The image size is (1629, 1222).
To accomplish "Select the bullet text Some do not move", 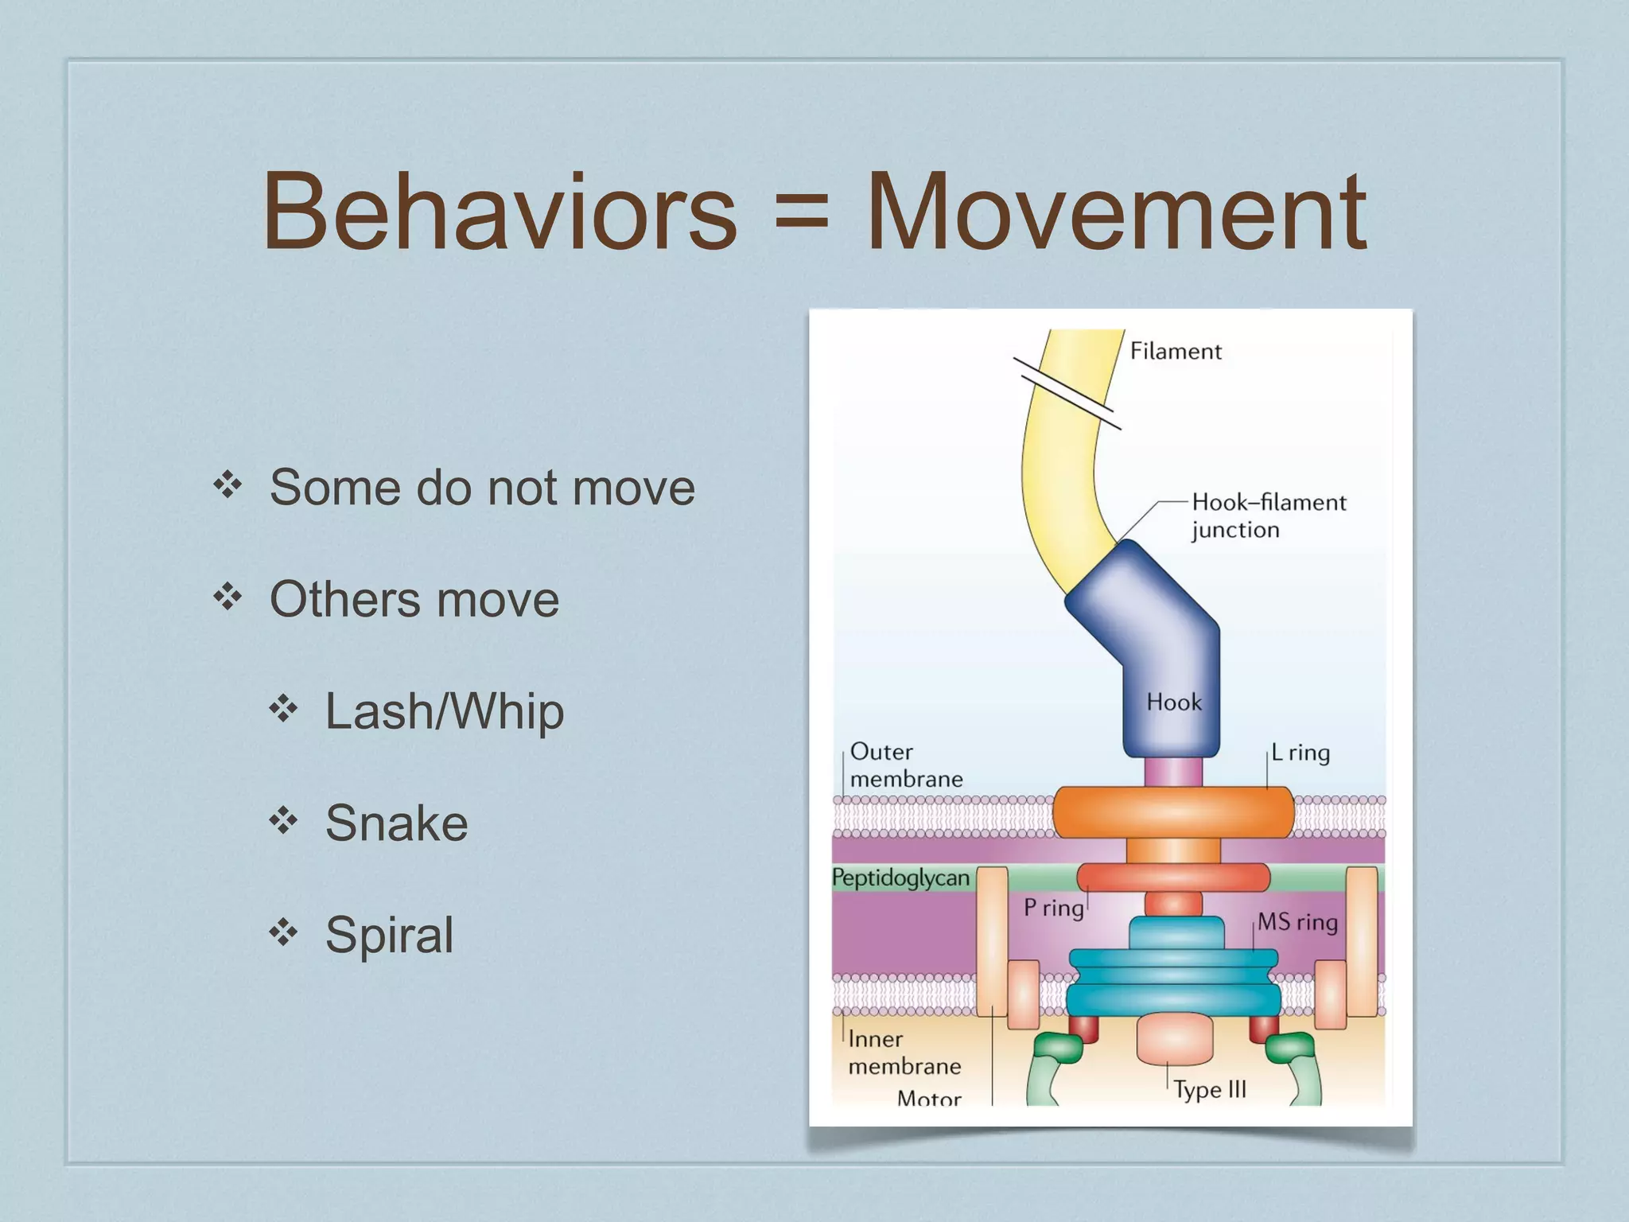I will coord(482,488).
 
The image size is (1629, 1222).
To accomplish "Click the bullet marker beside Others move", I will coord(227,597).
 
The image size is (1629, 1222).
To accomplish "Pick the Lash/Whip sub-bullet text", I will coord(444,711).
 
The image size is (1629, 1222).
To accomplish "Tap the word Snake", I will coord(396,823).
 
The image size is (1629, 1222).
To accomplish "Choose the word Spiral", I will coord(389,935).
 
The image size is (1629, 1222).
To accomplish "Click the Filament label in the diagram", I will coord(1175,352).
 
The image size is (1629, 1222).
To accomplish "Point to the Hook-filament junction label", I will coord(1268,516).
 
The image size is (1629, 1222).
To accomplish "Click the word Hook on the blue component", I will coord(1173,702).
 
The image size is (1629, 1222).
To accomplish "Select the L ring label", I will coord(1300,753).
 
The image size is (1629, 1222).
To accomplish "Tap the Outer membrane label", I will coord(905,765).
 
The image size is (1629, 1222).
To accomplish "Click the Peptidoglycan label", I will coord(900,878).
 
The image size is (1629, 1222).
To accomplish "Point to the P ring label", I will coord(1053,908).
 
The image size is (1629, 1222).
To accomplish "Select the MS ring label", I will coord(1297,922).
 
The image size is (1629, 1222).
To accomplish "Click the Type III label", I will coord(1210,1090).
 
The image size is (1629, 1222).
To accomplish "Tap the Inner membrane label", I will coord(904,1053).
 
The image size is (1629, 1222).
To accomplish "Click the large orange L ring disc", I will coord(1172,811).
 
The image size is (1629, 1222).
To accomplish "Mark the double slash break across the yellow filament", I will coord(1066,394).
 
